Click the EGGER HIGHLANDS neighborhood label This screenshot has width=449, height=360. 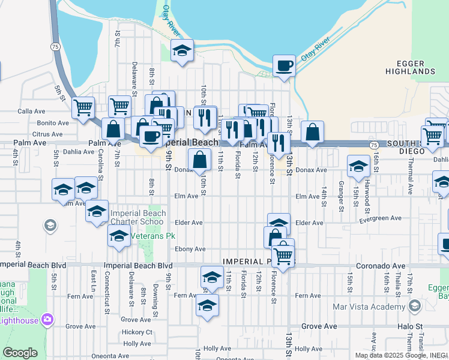[415, 67]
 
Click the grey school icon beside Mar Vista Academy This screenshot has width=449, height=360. [414, 307]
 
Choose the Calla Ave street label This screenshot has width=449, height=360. [32, 111]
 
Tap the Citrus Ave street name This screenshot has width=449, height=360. [48, 134]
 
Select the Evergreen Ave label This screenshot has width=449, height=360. [380, 219]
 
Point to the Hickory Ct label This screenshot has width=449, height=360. [137, 332]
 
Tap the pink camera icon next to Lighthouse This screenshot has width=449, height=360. [48, 320]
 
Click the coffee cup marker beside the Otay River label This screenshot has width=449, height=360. [284, 66]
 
